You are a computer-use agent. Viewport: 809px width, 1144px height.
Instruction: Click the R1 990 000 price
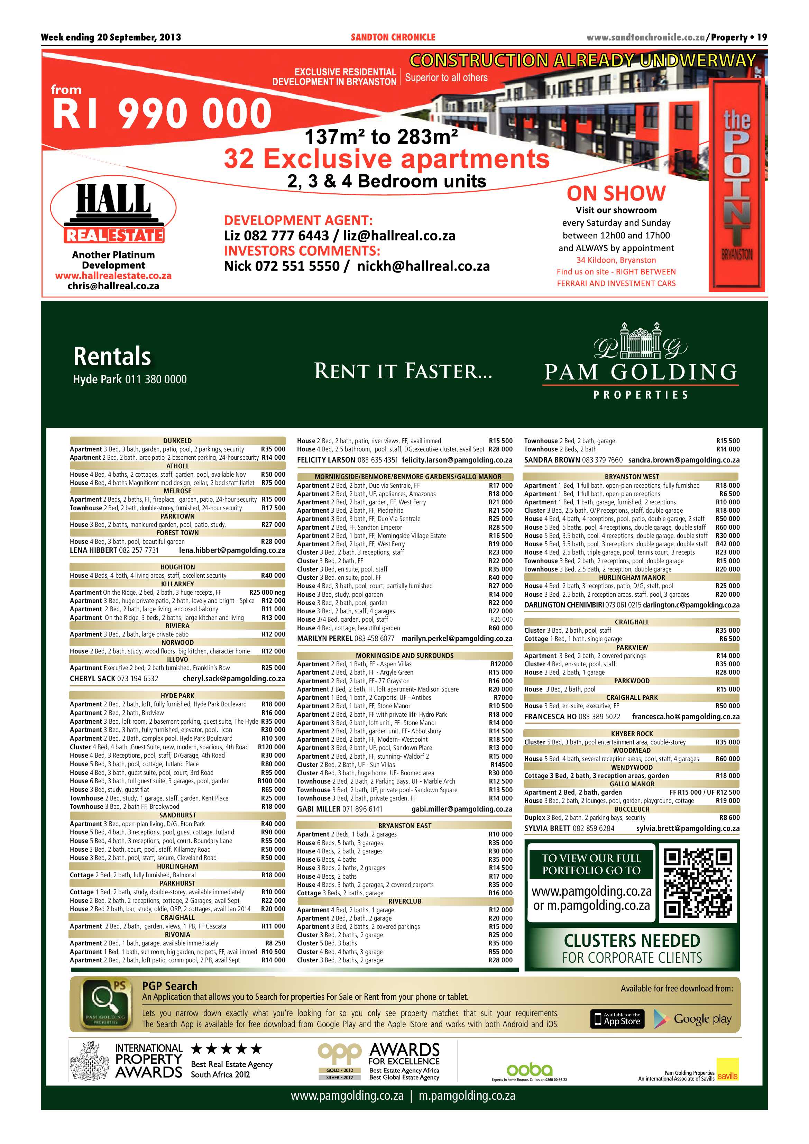[162, 114]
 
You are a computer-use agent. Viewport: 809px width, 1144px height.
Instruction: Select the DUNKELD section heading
[177, 440]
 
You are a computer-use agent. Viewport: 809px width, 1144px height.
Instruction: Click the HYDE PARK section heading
[177, 696]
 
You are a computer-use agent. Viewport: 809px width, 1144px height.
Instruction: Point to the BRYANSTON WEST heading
[632, 477]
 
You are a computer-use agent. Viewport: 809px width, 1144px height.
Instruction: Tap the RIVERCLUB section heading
[405, 902]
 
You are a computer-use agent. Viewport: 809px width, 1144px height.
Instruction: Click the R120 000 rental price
[272, 747]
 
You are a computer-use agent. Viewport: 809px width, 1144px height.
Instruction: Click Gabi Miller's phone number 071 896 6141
[362, 809]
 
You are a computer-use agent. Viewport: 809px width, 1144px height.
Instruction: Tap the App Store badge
[617, 1019]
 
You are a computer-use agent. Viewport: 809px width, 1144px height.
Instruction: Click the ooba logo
[529, 1070]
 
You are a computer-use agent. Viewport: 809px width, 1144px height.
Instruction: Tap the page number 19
[762, 37]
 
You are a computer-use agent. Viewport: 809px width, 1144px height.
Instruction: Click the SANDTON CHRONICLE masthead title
[393, 37]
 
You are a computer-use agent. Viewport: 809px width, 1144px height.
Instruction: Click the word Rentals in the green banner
[112, 356]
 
